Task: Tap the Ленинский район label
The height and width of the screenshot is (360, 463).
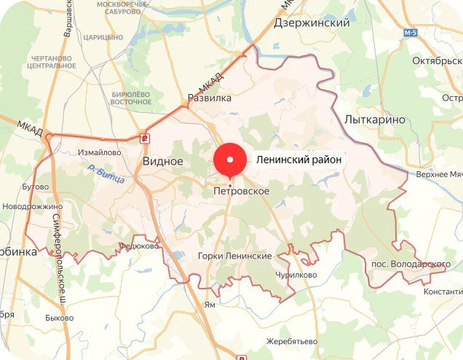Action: [298, 160]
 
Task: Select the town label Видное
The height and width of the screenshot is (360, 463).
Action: [162, 161]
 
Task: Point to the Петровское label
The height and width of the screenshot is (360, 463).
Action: [242, 192]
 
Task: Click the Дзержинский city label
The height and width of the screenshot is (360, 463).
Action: [312, 23]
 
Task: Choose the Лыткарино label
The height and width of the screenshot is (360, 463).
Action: [375, 120]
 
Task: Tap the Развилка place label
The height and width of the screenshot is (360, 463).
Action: [210, 98]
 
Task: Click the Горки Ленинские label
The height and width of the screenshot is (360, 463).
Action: [235, 257]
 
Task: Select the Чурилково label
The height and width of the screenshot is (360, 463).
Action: [296, 275]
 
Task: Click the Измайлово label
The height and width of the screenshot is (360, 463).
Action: [99, 153]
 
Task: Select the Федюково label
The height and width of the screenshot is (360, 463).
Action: [138, 246]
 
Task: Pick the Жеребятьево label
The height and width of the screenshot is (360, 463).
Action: [293, 341]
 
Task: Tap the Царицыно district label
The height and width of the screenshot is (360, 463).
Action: [104, 36]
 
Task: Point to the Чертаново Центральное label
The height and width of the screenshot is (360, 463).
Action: [52, 62]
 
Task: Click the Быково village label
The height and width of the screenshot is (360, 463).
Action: [59, 318]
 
